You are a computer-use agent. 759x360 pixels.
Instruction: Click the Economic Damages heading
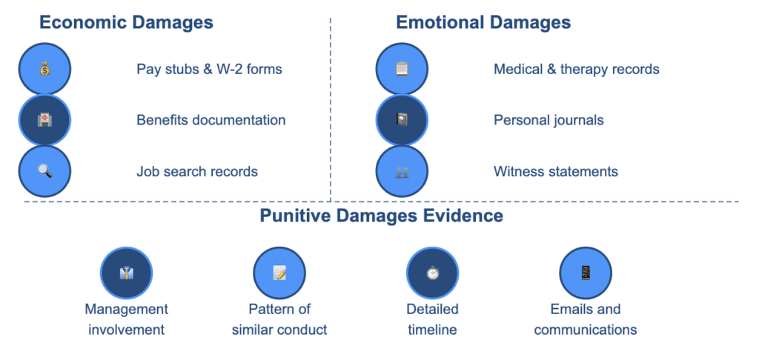126,22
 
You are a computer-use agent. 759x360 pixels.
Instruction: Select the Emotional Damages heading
483,22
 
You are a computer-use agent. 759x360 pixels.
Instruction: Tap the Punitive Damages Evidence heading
381,216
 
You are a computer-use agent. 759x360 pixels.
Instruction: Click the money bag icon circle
45,70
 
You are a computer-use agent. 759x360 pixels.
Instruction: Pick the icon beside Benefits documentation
45,120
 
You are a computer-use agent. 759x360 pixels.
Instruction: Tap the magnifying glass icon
45,171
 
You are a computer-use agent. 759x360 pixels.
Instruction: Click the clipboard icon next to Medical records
402,70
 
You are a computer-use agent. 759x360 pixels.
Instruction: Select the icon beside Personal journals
402,120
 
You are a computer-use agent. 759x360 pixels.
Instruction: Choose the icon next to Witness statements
402,171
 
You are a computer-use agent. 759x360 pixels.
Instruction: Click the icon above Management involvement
126,273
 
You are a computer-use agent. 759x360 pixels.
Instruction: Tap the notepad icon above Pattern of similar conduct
279,273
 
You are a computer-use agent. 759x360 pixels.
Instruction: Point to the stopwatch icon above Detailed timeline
432,273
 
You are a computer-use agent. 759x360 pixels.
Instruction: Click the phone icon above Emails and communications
586,273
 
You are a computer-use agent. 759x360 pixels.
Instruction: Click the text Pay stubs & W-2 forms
209,70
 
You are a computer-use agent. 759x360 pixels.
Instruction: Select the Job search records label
197,172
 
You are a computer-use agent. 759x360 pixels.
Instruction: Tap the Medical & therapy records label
577,70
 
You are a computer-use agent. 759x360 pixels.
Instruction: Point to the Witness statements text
556,172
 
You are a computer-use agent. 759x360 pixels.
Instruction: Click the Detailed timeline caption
432,319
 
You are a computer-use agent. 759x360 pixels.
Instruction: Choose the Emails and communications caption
586,319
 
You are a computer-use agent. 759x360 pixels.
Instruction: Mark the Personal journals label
548,120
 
